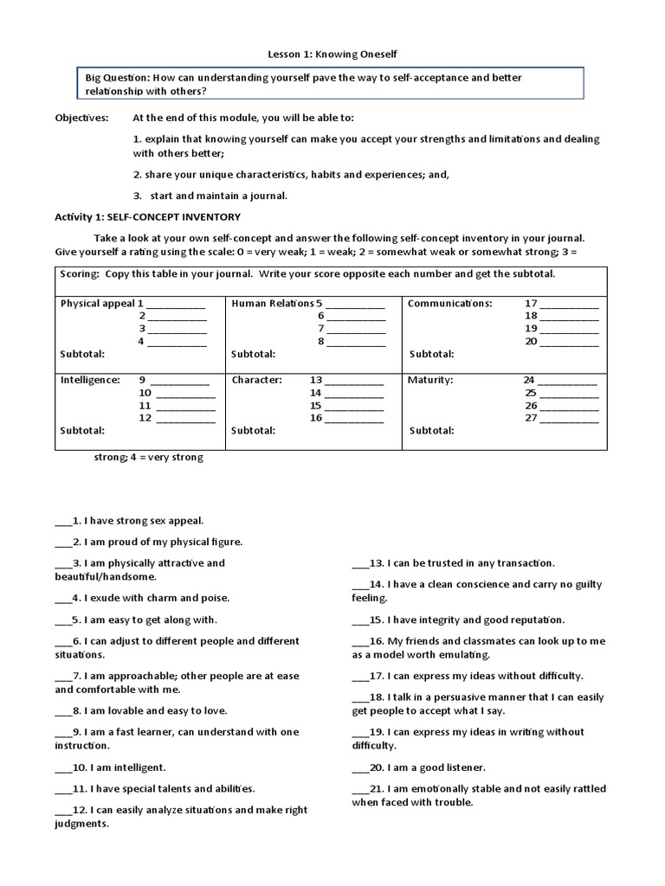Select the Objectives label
pyautogui.click(x=81, y=117)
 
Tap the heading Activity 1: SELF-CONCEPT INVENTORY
pyautogui.click(x=147, y=216)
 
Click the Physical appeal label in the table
pyautogui.click(x=97, y=304)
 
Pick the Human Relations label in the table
pyautogui.click(x=272, y=304)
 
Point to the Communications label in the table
pyautogui.click(x=449, y=304)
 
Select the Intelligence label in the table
pyautogui.click(x=90, y=380)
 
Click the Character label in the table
pyautogui.click(x=256, y=380)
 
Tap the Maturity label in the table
pyautogui.click(x=430, y=380)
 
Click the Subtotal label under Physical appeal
pyautogui.click(x=82, y=354)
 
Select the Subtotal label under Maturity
pyautogui.click(x=431, y=430)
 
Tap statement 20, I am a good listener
pyautogui.click(x=419, y=767)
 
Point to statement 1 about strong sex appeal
pyautogui.click(x=130, y=521)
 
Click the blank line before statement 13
pyautogui.click(x=360, y=563)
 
